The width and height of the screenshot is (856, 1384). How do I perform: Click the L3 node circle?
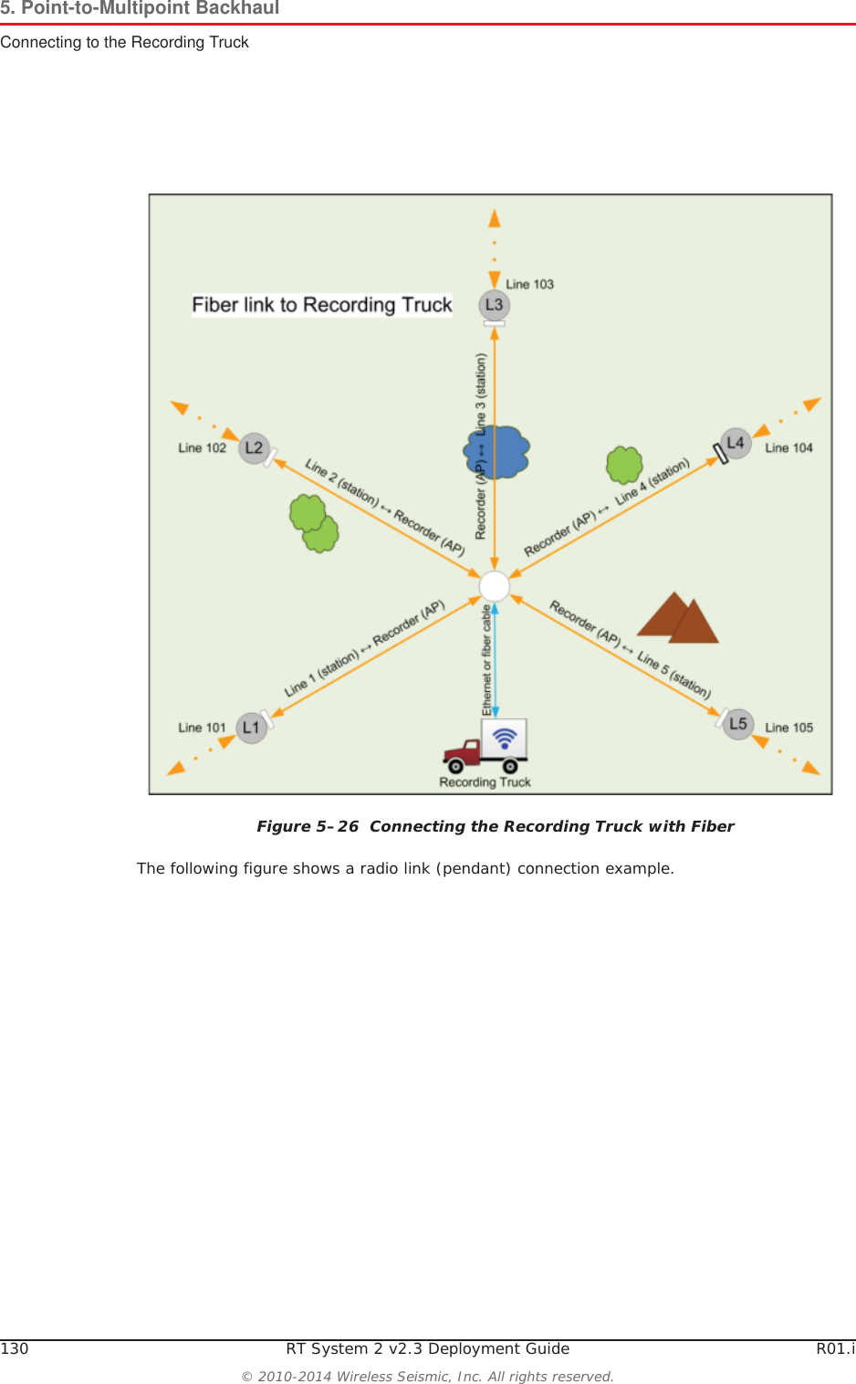pos(494,305)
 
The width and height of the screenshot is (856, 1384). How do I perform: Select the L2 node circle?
pos(254,448)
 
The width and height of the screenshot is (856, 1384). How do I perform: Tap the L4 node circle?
pos(736,444)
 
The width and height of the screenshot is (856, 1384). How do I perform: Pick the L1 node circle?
pos(251,728)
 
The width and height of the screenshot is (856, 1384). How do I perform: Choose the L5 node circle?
pos(738,724)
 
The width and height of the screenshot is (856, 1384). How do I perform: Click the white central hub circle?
pos(495,585)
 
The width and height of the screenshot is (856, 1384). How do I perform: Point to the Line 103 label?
pos(529,285)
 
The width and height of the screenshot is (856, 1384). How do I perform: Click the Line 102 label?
pos(202,448)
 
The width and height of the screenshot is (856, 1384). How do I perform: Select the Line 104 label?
pos(788,448)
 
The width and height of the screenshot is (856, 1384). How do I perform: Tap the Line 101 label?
pos(202,728)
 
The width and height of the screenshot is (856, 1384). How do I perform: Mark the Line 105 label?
pos(788,728)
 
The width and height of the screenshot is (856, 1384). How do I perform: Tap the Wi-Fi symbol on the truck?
pos(505,737)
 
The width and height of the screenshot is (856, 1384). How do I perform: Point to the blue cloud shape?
pos(498,452)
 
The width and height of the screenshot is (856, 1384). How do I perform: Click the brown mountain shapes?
pos(679,619)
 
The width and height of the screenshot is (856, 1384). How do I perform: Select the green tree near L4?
pos(624,465)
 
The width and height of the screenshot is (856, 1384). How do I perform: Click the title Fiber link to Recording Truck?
pos(322,305)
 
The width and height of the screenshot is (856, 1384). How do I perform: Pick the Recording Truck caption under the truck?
pos(485,782)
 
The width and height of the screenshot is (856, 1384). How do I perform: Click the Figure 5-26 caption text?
pos(495,826)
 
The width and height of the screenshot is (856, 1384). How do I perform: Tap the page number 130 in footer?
pos(15,1348)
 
